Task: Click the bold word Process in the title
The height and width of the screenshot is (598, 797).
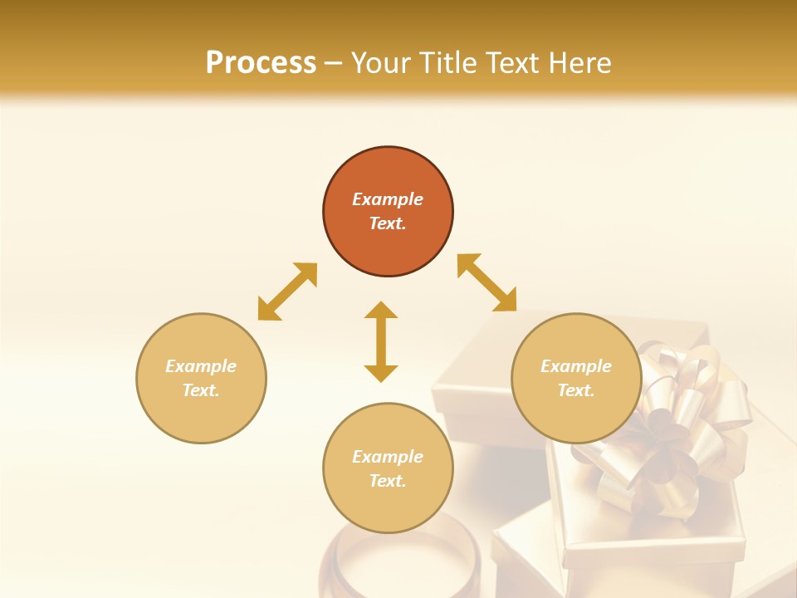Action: coord(261,63)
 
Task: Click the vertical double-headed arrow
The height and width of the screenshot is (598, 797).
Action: coord(381,341)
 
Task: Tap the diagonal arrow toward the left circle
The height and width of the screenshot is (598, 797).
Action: coord(287,292)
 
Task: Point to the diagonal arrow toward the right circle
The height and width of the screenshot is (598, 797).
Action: coord(487,283)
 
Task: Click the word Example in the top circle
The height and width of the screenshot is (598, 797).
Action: coord(388,199)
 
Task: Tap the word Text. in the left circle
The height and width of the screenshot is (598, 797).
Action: coord(201,390)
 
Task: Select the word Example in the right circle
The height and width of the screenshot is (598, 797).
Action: coord(575,366)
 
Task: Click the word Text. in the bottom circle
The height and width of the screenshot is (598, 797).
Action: coord(388,481)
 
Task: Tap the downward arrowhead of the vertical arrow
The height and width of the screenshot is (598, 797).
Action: coord(381,373)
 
